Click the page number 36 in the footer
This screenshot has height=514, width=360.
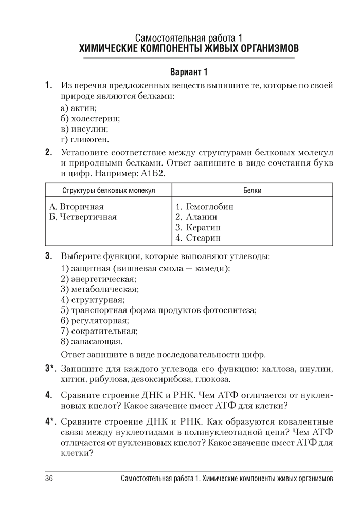[x=49, y=479]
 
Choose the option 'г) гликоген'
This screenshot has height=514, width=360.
[x=85, y=139]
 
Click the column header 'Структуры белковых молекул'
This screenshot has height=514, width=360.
[x=109, y=190]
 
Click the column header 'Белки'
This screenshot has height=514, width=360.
[x=253, y=190]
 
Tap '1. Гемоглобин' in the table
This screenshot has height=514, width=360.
[x=204, y=207]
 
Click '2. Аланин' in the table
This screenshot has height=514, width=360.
[x=196, y=217]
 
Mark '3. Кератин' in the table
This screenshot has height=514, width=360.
[x=197, y=227]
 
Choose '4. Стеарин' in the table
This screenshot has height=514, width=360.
[x=197, y=238]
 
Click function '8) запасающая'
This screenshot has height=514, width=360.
[x=92, y=341]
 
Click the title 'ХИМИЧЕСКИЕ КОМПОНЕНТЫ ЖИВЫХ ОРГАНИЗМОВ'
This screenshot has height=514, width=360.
[x=188, y=49]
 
